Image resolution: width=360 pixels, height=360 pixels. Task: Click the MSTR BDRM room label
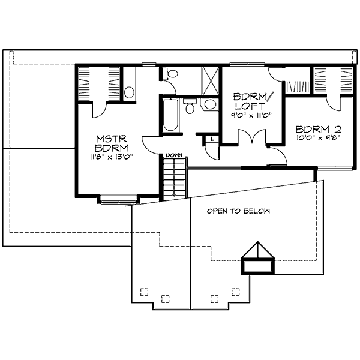[x=112, y=143]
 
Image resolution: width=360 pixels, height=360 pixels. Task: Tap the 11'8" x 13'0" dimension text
[x=112, y=157]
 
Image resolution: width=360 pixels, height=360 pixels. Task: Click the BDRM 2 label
[x=319, y=130]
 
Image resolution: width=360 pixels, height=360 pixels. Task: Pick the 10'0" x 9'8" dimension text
[x=318, y=137]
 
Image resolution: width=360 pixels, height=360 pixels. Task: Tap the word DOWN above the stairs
[x=174, y=155]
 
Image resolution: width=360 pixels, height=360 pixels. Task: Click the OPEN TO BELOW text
[x=238, y=211]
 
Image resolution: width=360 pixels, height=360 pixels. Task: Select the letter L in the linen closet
[x=212, y=139]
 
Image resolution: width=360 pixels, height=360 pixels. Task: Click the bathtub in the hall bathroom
[x=170, y=115]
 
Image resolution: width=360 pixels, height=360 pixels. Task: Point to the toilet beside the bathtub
[x=190, y=106]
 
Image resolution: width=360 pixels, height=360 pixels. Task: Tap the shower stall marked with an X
[x=210, y=80]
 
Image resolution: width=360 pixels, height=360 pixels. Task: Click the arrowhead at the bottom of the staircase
[x=174, y=194]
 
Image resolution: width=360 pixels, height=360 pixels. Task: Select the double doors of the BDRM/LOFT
[x=252, y=137]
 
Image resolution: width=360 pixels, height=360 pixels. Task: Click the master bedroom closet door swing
[x=100, y=110]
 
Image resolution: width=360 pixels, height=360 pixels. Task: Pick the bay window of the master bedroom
[x=119, y=202]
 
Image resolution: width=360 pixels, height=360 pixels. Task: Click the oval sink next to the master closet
[x=129, y=92]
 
